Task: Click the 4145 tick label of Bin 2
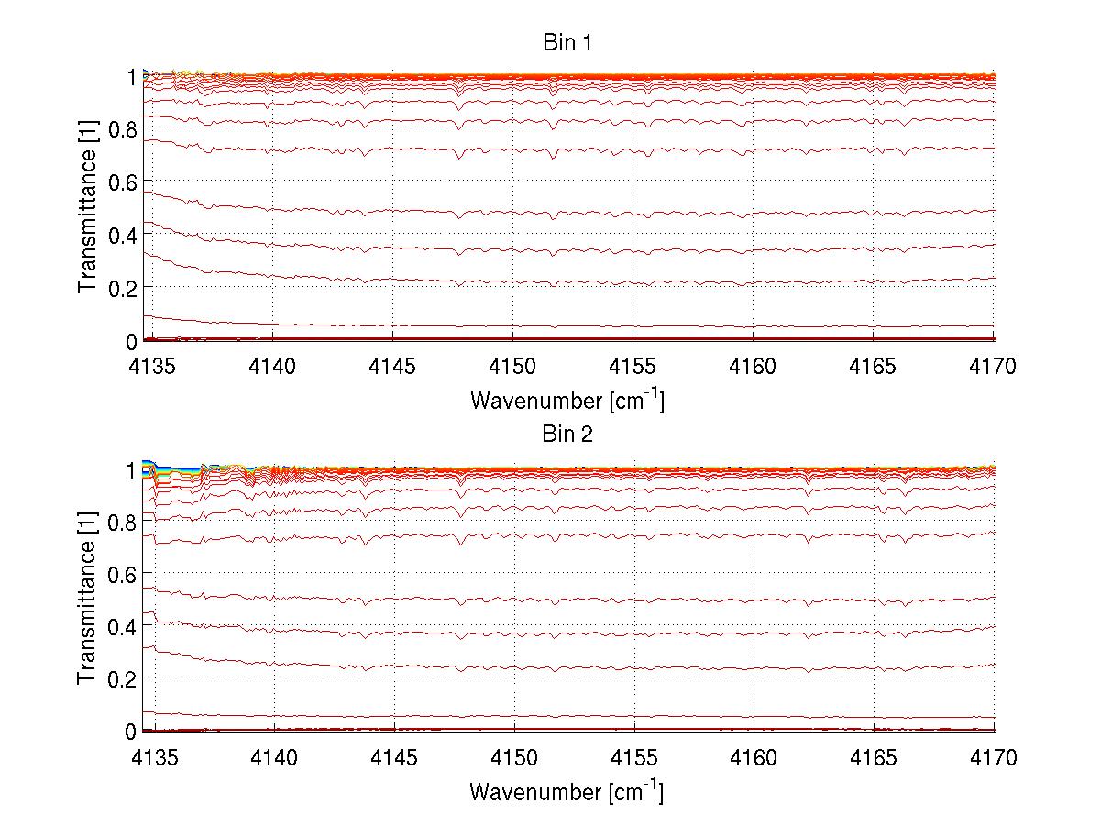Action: (x=394, y=758)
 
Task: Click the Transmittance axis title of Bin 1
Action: (x=88, y=209)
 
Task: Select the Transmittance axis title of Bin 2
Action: (x=88, y=600)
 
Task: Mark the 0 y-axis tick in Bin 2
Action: (x=130, y=731)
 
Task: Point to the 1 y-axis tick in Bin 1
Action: (x=130, y=77)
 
